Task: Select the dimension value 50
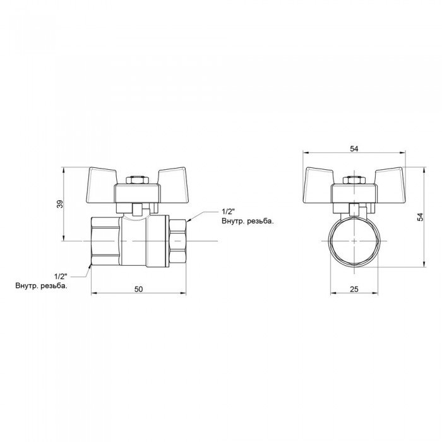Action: pyautogui.click(x=139, y=289)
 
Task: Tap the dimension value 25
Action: pyautogui.click(x=354, y=289)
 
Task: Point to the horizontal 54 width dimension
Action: pyautogui.click(x=354, y=148)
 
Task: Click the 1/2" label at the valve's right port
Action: pyautogui.click(x=228, y=212)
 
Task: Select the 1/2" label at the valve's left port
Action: pyautogui.click(x=61, y=277)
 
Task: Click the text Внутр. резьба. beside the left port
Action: pyautogui.click(x=42, y=286)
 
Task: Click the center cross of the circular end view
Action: pyautogui.click(x=354, y=242)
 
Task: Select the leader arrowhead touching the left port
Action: pyautogui.click(x=90, y=265)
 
